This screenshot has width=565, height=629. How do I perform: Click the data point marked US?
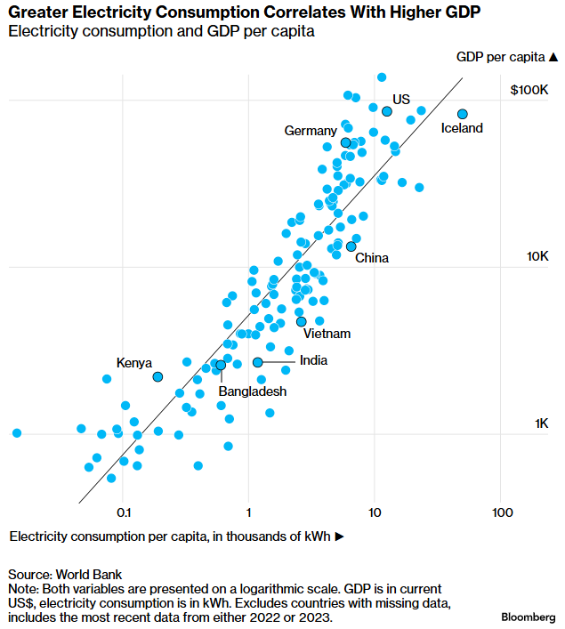tap(387, 111)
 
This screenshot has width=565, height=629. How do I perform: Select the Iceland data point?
tap(463, 114)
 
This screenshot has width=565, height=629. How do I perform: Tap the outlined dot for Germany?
tap(346, 142)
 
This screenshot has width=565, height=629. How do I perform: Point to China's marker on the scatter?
tap(351, 246)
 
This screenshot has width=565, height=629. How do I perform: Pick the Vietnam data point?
tap(302, 321)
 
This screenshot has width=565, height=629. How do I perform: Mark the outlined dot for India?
tap(258, 362)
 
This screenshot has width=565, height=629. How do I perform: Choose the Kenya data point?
tap(158, 377)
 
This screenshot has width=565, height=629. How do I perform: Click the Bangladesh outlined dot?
tap(221, 365)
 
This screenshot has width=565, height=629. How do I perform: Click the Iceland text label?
tap(462, 128)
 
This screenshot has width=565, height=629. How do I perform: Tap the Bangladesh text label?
tap(254, 391)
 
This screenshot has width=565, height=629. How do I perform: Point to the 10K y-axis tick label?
tap(537, 256)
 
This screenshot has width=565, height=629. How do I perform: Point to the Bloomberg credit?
tap(529, 617)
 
